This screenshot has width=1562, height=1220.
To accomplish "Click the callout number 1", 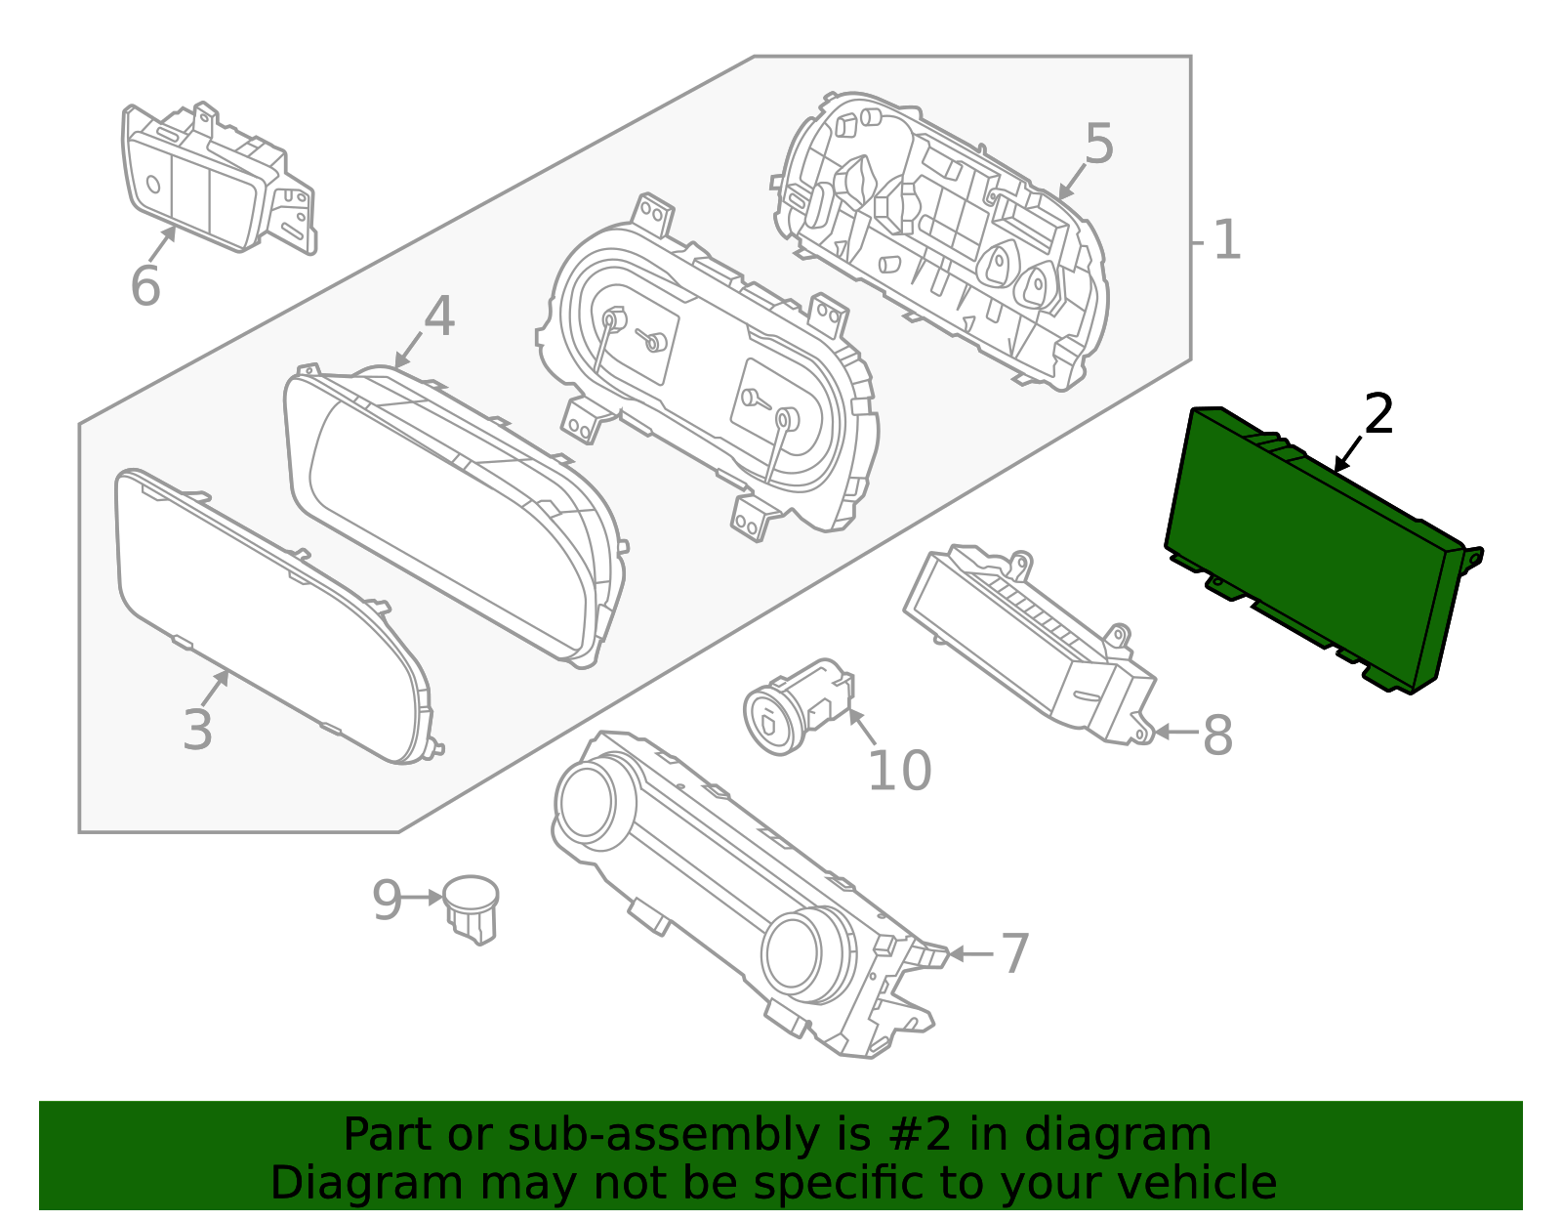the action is pyautogui.click(x=1226, y=240).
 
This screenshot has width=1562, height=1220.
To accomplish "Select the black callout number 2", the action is pyautogui.click(x=1378, y=414).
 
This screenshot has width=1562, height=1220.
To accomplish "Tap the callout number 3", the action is pyautogui.click(x=197, y=730).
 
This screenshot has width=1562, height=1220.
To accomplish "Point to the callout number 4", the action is pyautogui.click(x=439, y=316).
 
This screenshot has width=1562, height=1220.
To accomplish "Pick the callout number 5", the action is pyautogui.click(x=1098, y=145).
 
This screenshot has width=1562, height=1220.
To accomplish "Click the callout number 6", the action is pyautogui.click(x=144, y=286).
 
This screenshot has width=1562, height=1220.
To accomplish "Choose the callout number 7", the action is pyautogui.click(x=1015, y=953).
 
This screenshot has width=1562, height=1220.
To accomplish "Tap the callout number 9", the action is pyautogui.click(x=387, y=900).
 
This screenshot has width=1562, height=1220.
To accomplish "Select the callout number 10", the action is pyautogui.click(x=899, y=771).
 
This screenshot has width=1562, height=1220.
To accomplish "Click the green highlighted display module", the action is pyautogui.click(x=1308, y=547).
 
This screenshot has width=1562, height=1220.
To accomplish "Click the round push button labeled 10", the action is pyautogui.click(x=773, y=721).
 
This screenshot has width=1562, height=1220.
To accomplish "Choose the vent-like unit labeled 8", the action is pyautogui.click(x=1025, y=640).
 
